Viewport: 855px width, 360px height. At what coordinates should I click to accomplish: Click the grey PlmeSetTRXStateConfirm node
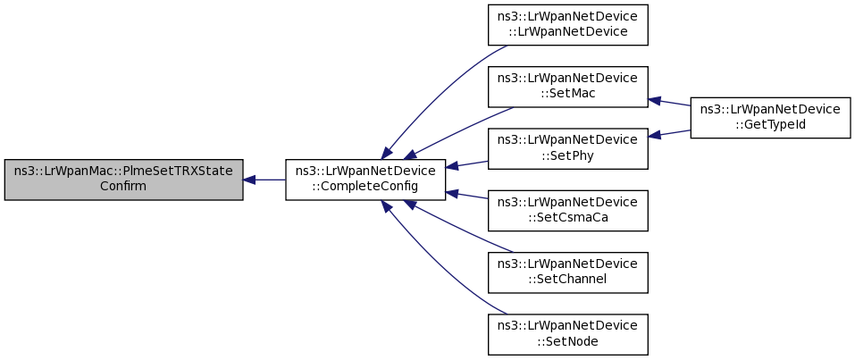click(x=124, y=180)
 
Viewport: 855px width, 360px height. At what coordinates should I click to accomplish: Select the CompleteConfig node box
click(x=365, y=180)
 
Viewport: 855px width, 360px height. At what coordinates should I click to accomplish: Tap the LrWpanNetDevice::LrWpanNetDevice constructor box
click(x=567, y=24)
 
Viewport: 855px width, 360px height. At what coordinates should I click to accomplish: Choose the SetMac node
click(x=567, y=87)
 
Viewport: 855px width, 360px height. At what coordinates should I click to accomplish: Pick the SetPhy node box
click(x=567, y=148)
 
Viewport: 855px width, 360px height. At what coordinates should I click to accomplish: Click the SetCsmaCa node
click(x=567, y=211)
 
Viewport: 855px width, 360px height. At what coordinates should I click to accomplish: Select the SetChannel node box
click(x=567, y=272)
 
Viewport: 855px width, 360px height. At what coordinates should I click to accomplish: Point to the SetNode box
click(x=567, y=334)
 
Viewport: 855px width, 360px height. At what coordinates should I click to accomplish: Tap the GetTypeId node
click(x=770, y=118)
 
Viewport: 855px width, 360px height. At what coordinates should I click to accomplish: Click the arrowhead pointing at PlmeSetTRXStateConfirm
click(x=249, y=180)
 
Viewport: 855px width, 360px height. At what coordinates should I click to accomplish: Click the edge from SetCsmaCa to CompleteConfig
click(x=466, y=196)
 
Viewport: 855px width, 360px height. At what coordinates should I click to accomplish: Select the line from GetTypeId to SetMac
click(x=669, y=102)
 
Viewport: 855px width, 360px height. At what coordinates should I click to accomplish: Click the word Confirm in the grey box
click(x=123, y=186)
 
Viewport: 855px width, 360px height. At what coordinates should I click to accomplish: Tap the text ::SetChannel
click(x=567, y=279)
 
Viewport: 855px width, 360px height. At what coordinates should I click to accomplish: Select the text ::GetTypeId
click(x=770, y=124)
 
